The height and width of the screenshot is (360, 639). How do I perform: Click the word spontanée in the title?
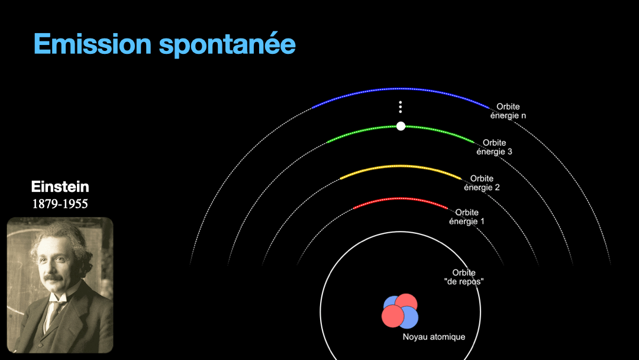[227, 44]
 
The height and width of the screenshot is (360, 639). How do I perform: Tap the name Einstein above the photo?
[60, 187]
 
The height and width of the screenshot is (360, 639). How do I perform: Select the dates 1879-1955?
[60, 204]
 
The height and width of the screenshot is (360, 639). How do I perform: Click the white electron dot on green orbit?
[401, 126]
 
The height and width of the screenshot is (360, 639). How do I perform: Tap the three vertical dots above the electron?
[401, 107]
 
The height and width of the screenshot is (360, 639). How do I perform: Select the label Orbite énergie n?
[508, 111]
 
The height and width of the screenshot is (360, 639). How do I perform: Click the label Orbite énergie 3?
[494, 147]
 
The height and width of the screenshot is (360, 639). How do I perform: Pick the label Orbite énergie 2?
[482, 183]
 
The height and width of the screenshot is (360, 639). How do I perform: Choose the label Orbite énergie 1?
[467, 217]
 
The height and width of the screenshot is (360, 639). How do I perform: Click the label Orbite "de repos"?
[464, 277]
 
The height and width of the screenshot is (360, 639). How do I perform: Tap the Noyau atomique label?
[434, 337]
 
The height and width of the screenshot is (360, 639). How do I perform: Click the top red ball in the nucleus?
[406, 302]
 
